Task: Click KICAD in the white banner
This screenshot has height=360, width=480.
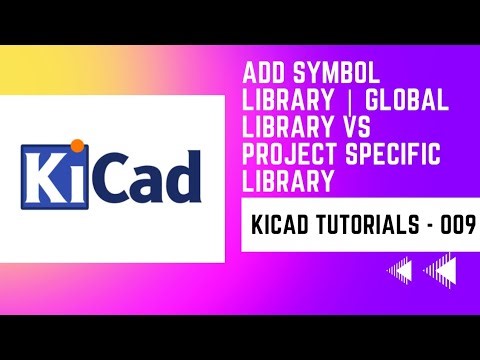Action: click(274, 228)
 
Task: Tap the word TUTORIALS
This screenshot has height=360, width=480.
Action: click(364, 228)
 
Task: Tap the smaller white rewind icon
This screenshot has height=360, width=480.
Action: click(401, 270)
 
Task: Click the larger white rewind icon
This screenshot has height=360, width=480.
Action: click(440, 270)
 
